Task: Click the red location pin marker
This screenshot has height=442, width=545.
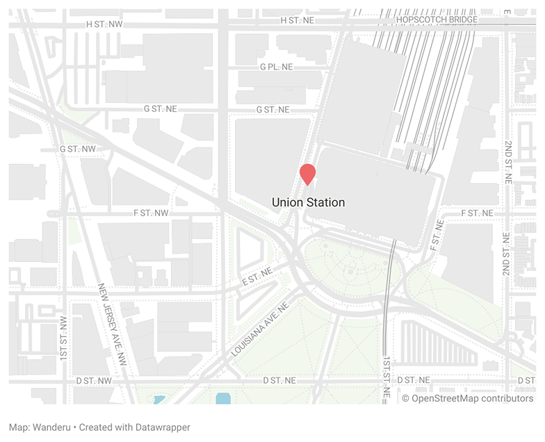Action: click(x=307, y=174)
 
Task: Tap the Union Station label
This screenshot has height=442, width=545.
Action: click(x=308, y=202)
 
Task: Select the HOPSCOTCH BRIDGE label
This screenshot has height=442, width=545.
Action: click(x=437, y=19)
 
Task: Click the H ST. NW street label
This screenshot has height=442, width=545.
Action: click(x=104, y=24)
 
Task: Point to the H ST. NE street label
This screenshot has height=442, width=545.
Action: click(x=298, y=20)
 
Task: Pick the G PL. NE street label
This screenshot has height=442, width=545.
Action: click(x=277, y=67)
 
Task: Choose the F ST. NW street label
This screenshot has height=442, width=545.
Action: click(x=151, y=212)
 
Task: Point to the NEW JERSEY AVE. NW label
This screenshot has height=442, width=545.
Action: click(x=112, y=324)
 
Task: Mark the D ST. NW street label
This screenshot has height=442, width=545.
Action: click(x=95, y=380)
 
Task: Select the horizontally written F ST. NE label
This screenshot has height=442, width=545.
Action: click(x=478, y=212)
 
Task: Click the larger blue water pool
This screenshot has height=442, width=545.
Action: click(x=222, y=398)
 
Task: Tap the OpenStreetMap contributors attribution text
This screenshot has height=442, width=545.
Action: click(x=467, y=398)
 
